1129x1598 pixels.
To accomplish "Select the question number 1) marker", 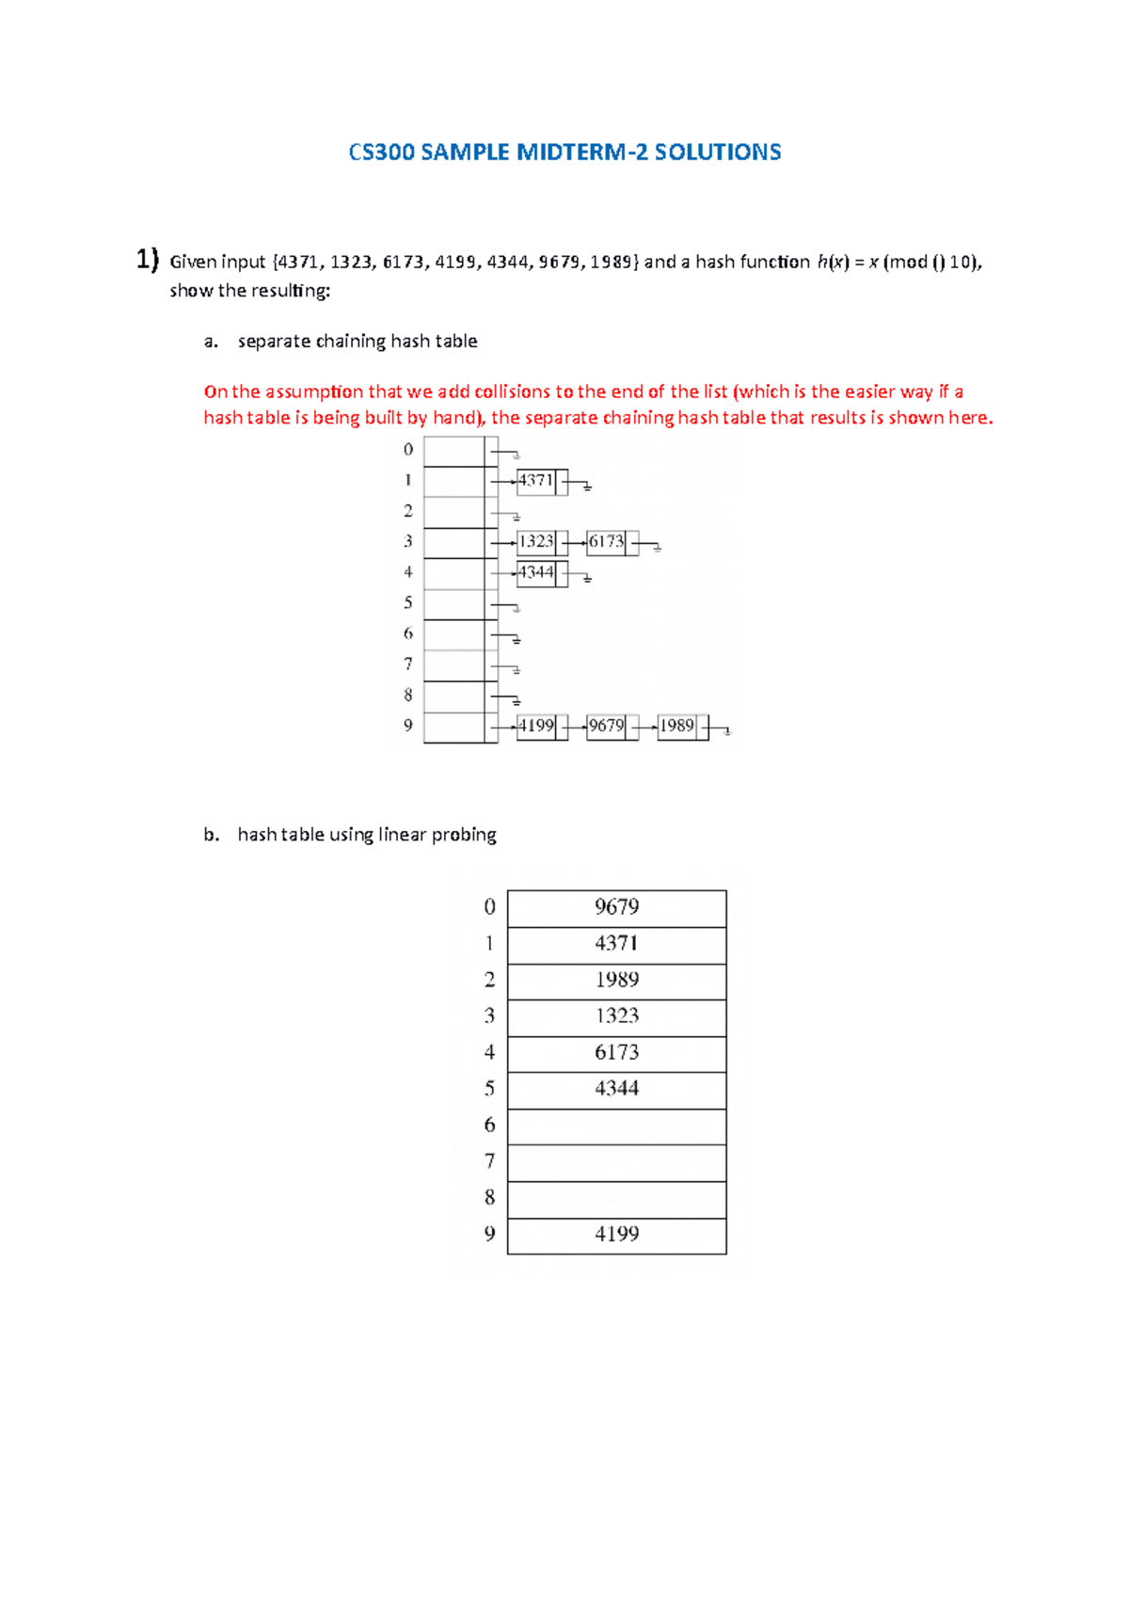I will [147, 260].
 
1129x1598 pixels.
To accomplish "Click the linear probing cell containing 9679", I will [616, 908].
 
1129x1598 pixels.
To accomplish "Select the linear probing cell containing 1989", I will [616, 981].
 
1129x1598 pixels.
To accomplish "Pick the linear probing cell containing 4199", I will [616, 1235].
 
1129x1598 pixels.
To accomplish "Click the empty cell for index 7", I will [616, 1162].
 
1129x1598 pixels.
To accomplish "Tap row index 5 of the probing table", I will [489, 1089].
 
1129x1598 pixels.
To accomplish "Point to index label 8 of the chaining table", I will [408, 695].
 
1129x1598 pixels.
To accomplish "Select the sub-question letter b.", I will [211, 835].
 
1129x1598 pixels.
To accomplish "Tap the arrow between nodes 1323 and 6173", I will [574, 543].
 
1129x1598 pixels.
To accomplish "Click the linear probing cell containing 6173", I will [616, 1053].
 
